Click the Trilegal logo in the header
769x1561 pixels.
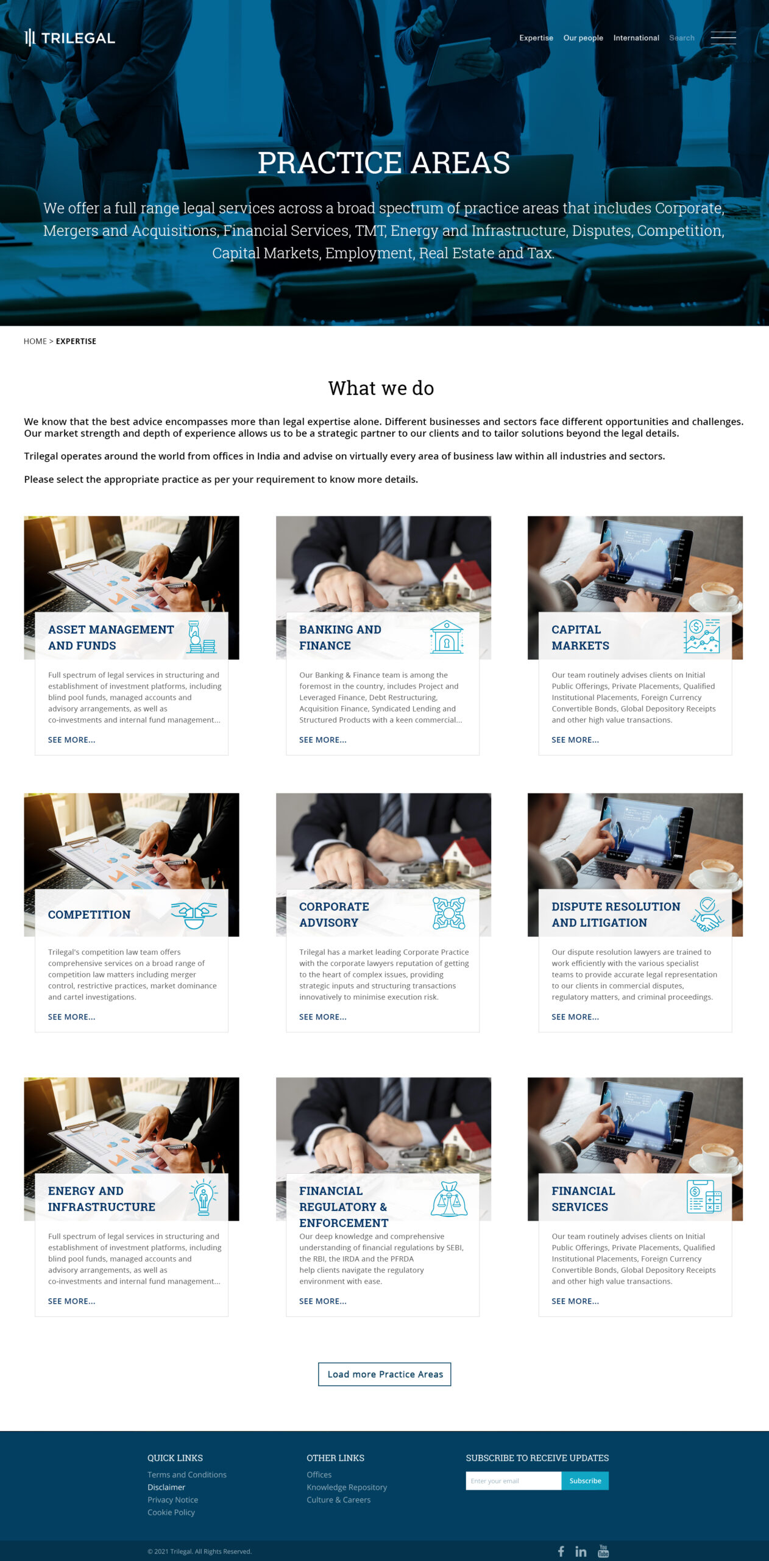pos(69,38)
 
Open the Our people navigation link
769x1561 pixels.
pos(583,38)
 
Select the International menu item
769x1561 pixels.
pos(636,38)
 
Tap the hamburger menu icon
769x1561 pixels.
pos(723,38)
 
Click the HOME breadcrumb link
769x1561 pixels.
pos(35,341)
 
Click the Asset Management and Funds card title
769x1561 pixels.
pos(111,637)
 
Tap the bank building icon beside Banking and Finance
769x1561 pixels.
pos(447,637)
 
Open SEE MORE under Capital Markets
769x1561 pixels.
pos(575,740)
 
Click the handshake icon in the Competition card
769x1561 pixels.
pos(194,914)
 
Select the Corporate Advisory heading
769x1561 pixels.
pos(334,914)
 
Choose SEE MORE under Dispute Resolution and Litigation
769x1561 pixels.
pos(575,1016)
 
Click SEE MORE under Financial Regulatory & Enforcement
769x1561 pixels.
pos(322,1301)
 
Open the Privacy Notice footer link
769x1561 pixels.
pos(172,1499)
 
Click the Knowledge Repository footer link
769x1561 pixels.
pos(347,1487)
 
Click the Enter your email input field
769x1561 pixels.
pos(513,1481)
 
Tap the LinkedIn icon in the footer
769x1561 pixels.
pos(581,1551)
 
